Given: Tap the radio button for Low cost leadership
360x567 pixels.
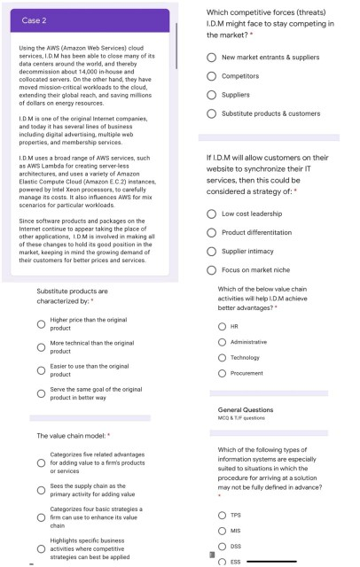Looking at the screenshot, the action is [213, 214].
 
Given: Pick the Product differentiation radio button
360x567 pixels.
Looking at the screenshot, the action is [213, 232].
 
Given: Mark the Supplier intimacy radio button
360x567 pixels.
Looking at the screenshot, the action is [213, 251].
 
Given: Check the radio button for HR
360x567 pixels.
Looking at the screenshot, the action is [222, 326].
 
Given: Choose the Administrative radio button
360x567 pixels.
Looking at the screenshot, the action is [222, 342].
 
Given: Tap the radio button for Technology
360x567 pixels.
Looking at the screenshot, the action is [222, 358].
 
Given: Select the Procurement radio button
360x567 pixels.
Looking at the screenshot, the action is [222, 374].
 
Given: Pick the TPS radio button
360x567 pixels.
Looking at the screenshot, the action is [222, 515].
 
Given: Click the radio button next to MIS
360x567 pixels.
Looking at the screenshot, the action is [222, 531].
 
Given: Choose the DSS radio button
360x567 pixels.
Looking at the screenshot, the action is [222, 547].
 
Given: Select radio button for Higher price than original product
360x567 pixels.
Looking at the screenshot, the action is [41, 323].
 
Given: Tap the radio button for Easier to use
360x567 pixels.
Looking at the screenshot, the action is [41, 370].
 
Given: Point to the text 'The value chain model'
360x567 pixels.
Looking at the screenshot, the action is [70, 436].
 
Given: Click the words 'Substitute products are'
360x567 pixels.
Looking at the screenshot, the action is [72, 291].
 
